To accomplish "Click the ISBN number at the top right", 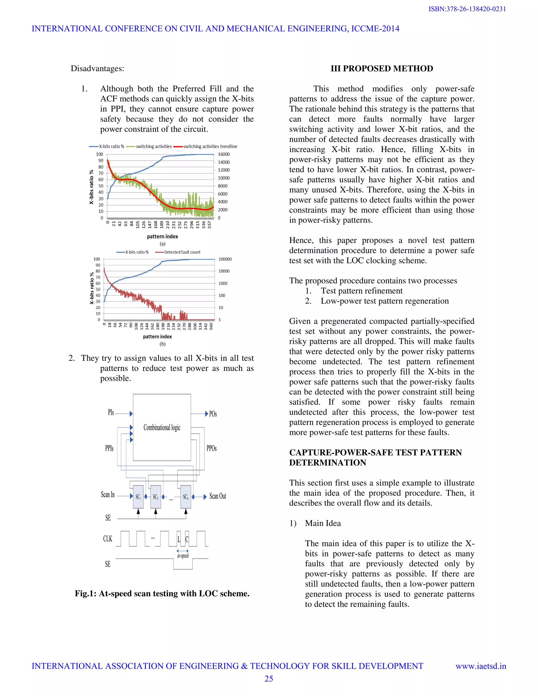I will point(467,9).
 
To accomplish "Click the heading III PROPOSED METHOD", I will point(381,69).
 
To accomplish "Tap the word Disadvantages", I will point(97,69).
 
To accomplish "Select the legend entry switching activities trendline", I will point(210,147).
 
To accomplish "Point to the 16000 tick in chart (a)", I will point(224,154).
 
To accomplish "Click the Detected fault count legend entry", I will point(182,252).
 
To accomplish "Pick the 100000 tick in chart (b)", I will point(225,259).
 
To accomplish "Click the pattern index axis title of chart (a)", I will point(162,236).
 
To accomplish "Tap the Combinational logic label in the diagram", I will point(162,427).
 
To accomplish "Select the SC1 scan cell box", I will point(138,496).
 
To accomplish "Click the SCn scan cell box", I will point(185,496).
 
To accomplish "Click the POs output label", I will point(213,414).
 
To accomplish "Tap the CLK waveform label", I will point(107,539).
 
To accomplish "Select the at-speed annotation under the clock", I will point(183,555).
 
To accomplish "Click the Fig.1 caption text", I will point(162,593).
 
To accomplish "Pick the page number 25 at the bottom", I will point(269,678).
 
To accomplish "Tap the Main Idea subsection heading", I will point(323,523).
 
